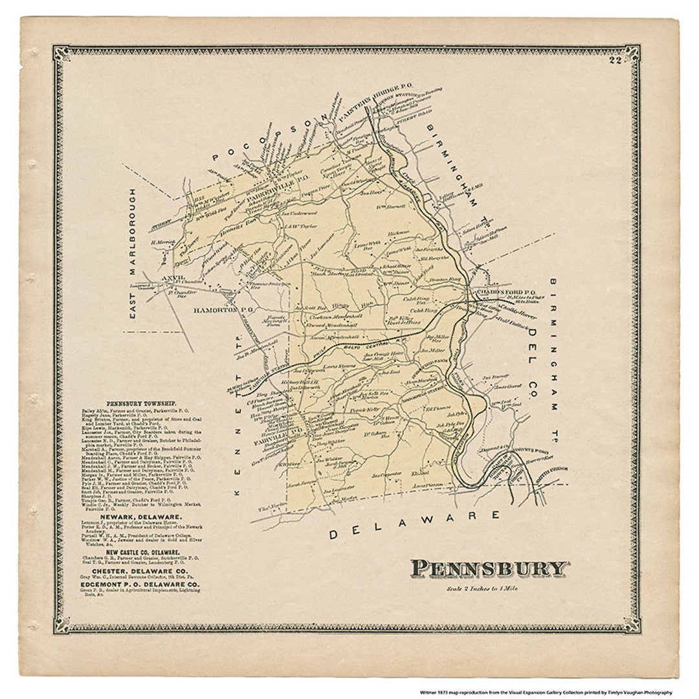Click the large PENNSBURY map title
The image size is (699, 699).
click(489, 569)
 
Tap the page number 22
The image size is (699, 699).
click(614, 61)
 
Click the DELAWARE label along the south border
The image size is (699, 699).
click(414, 524)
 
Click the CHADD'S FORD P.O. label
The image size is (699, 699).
click(515, 292)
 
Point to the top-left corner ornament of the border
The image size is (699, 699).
click(62, 53)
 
